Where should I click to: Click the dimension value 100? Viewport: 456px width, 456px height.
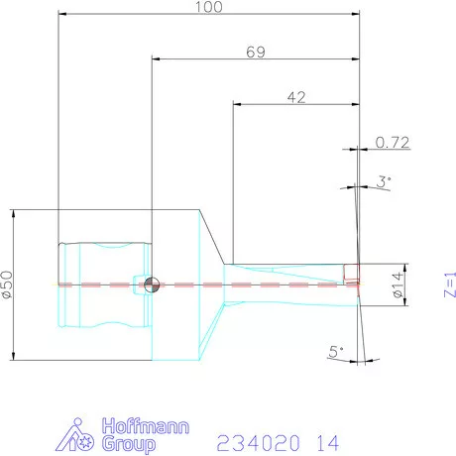209,7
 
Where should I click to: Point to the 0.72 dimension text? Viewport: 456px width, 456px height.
393,143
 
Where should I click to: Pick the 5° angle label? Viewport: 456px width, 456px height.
336,350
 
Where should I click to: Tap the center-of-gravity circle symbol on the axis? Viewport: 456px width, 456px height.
151,285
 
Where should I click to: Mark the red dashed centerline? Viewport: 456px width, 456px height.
248,285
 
